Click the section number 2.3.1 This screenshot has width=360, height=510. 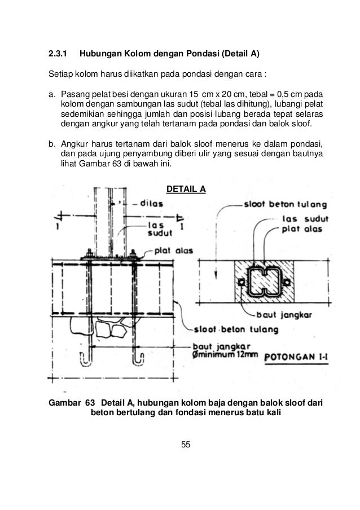pyautogui.click(x=57, y=55)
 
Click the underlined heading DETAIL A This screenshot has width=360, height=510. pyautogui.click(x=185, y=188)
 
